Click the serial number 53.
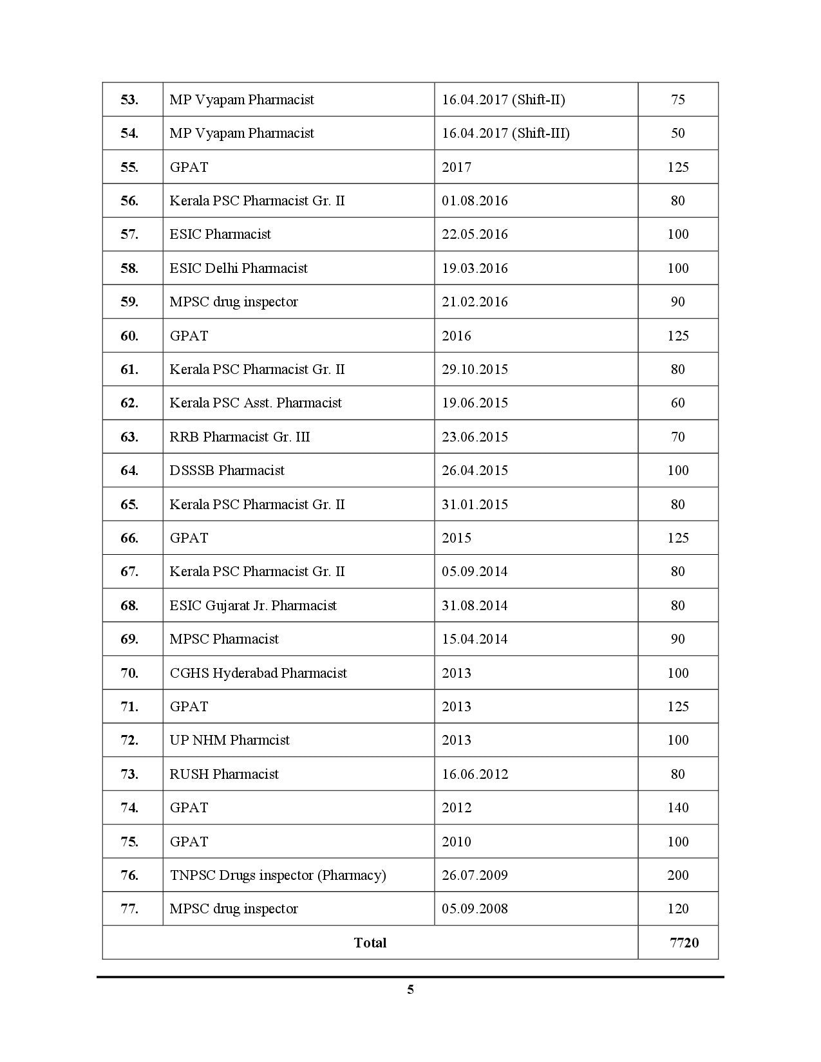tap(129, 100)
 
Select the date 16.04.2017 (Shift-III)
tap(505, 133)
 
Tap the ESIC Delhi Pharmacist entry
tap(238, 268)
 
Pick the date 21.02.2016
tap(475, 302)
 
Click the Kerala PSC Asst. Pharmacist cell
tap(256, 403)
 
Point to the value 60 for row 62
tap(677, 403)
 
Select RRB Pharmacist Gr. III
tap(240, 437)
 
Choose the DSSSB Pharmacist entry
tap(227, 470)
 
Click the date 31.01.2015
tap(475, 505)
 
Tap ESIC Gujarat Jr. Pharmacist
tap(253, 606)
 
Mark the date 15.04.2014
tap(475, 639)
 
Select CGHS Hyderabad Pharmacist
tap(258, 673)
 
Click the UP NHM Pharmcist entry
tap(229, 740)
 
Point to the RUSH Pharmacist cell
tap(224, 774)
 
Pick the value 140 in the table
tap(677, 808)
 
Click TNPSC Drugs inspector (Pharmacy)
tap(278, 875)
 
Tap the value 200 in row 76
tap(677, 875)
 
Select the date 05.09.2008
tap(475, 909)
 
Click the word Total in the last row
tap(370, 943)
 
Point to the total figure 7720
tap(684, 943)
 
